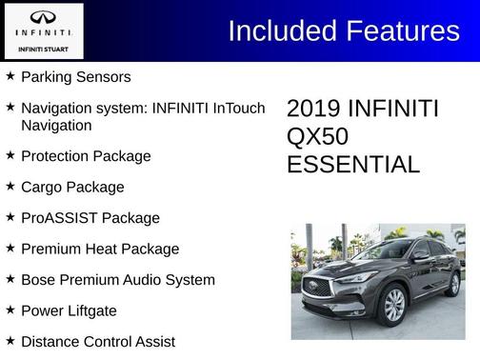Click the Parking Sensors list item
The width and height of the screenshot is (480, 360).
(75, 76)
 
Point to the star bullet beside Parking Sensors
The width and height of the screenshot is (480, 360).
(10, 75)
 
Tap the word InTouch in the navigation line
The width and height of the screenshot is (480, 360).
(234, 108)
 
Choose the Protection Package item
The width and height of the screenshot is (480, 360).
(86, 155)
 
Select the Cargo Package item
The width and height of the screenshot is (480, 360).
(72, 187)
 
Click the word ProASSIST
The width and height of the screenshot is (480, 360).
(59, 218)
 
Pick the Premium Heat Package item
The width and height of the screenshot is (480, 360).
(100, 249)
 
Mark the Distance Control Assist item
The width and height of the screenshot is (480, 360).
(98, 341)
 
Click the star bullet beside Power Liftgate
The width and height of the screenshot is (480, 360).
(10, 310)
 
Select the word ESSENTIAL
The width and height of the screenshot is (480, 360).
(352, 165)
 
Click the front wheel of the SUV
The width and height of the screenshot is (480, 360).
(392, 305)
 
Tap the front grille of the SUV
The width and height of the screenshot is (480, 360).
(319, 286)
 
